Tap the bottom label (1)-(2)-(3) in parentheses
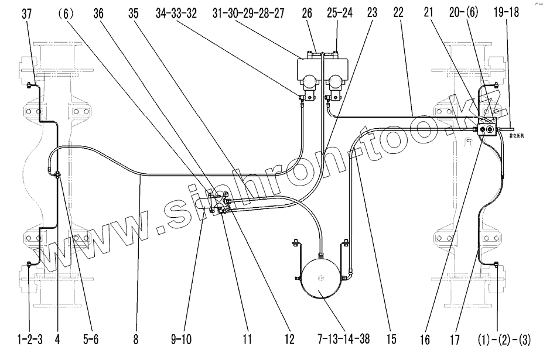[497, 339]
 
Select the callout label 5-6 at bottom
[91, 339]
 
